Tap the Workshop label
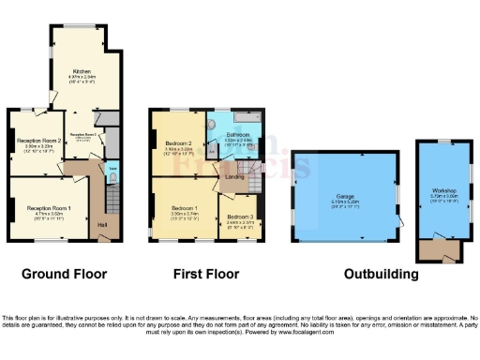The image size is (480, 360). pyautogui.click(x=442, y=191)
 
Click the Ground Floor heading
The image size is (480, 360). pyautogui.click(x=65, y=275)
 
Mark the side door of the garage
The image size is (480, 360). pyautogui.click(x=400, y=219)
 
